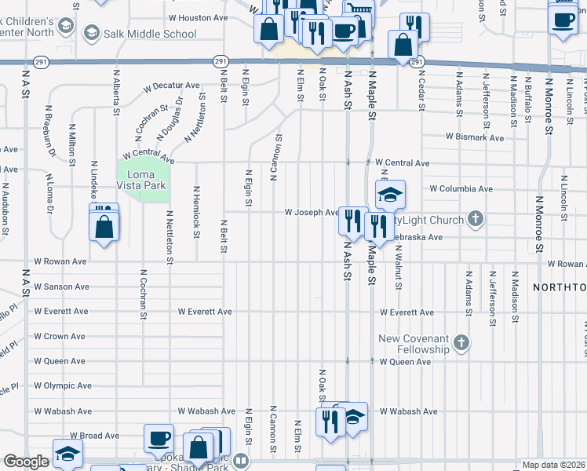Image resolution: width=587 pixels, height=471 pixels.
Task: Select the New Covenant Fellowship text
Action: [414, 344]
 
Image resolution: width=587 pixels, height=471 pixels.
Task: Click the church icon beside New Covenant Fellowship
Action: [461, 343]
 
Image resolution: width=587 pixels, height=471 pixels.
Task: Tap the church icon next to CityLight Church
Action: [475, 219]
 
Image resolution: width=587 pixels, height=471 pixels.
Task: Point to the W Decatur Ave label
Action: [171, 86]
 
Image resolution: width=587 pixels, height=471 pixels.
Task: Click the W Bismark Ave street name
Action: [474, 137]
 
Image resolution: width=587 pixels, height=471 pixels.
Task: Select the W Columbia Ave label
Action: [461, 189]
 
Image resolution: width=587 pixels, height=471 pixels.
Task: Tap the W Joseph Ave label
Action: [312, 212]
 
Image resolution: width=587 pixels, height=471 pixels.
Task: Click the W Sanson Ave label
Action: [60, 287]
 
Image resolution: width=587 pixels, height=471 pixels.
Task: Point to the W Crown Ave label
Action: [60, 336]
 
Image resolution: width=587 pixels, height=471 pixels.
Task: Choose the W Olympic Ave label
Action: [63, 385]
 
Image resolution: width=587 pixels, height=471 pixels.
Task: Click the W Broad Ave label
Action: [94, 435]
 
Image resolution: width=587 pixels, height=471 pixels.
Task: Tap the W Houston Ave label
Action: [197, 17]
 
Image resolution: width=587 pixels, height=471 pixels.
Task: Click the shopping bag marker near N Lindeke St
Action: [104, 227]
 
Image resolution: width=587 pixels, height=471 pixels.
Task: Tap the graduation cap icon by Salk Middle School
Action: [92, 32]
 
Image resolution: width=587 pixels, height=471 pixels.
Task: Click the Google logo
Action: [26, 462]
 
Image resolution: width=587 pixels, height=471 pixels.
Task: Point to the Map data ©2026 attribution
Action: [554, 465]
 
